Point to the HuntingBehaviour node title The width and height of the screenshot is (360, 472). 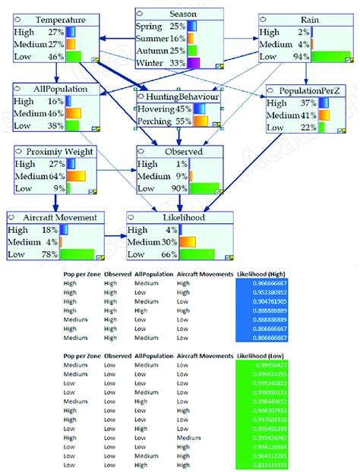pos(182,97)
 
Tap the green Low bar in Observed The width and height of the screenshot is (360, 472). pos(204,188)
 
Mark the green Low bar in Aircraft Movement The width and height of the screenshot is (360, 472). pos(77,254)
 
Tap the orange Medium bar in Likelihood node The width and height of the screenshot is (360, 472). pos(188,242)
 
